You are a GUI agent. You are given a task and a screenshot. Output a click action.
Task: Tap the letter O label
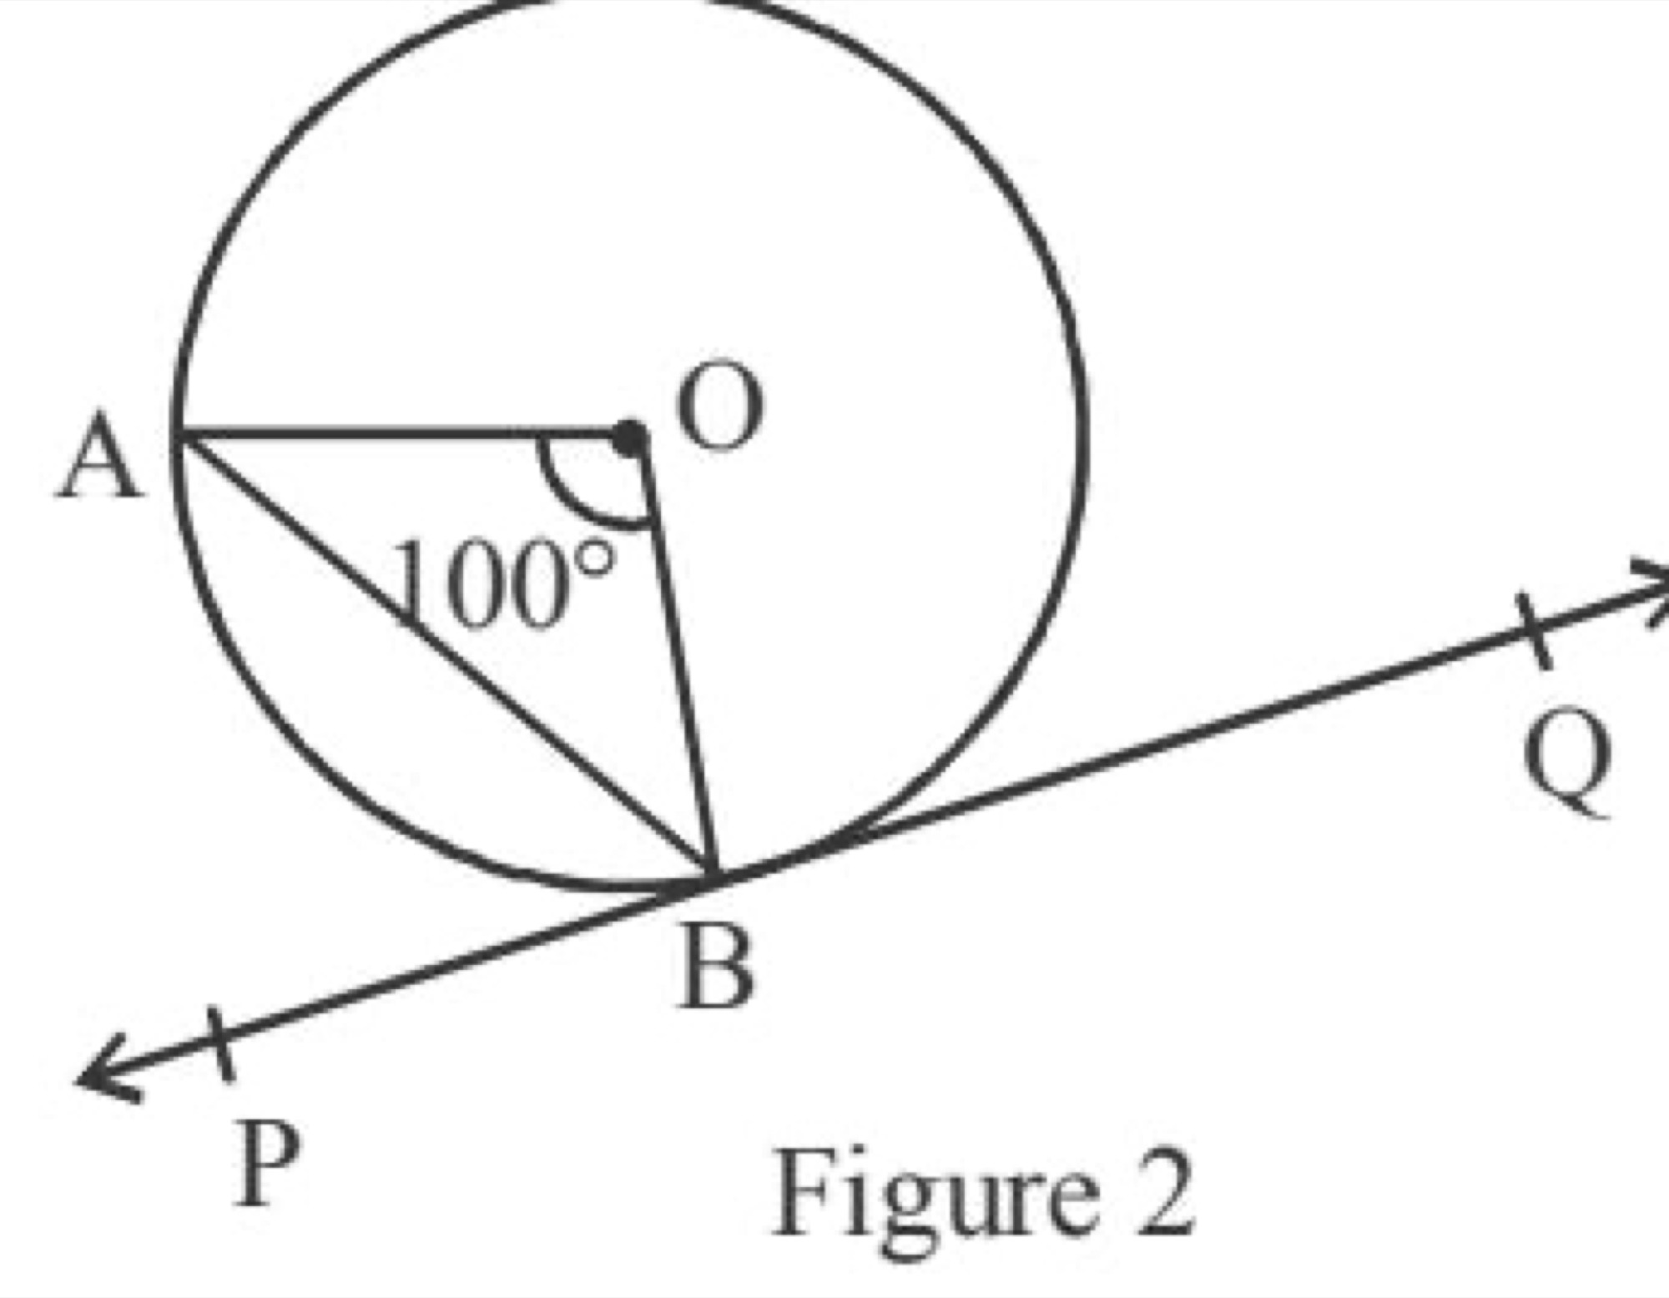[x=719, y=407]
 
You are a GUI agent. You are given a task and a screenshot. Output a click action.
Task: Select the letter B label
[x=716, y=968]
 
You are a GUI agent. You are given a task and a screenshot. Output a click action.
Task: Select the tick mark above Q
[x=1534, y=630]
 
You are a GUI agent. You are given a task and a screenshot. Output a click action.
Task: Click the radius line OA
[x=401, y=432]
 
